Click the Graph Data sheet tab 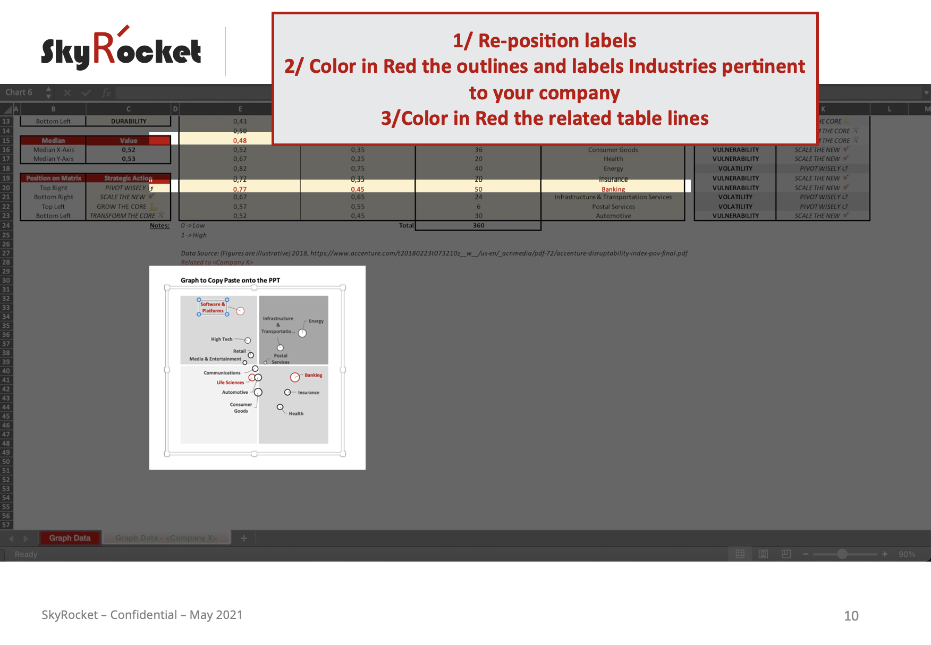[x=70, y=538]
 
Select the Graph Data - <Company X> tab [x=166, y=538]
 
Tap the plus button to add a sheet [x=243, y=538]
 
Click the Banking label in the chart [x=313, y=375]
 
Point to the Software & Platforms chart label [x=213, y=308]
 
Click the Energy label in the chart [x=316, y=321]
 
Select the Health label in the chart [x=296, y=413]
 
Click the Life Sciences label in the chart [x=230, y=383]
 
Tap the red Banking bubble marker [x=295, y=377]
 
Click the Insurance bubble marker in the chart [x=287, y=392]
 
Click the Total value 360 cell [x=478, y=225]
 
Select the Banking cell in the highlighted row [x=613, y=189]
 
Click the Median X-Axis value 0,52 [x=128, y=150]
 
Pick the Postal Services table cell [x=613, y=207]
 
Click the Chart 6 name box [x=19, y=92]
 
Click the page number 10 [x=851, y=615]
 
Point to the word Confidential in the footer [x=143, y=615]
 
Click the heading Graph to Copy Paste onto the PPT [x=230, y=280]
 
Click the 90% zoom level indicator [x=907, y=554]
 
